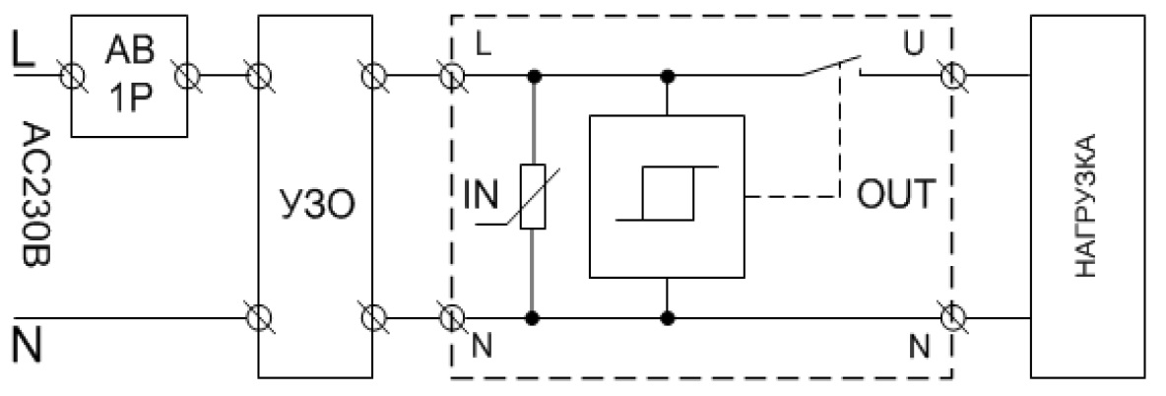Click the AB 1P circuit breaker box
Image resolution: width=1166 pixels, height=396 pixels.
(129, 74)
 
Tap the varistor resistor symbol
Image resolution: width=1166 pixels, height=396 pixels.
(533, 195)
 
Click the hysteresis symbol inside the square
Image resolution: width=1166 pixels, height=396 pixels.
(668, 194)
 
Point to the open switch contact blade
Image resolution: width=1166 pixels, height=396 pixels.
(827, 65)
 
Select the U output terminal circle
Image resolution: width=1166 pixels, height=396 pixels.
(950, 76)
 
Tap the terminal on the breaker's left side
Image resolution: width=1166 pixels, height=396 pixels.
(71, 74)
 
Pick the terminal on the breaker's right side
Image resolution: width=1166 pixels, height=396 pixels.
(187, 74)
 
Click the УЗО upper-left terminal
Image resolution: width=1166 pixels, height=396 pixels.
(258, 74)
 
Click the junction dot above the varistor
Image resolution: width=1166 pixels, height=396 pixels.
(533, 75)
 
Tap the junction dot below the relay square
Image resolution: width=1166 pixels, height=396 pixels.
(669, 317)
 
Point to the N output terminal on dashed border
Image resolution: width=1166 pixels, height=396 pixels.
(950, 317)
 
